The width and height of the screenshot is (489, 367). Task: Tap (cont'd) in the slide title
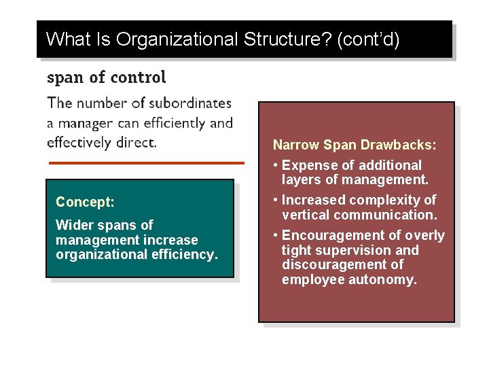coord(367,39)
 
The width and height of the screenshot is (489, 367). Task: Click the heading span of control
coord(106,77)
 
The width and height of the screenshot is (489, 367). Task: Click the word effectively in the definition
coord(76,143)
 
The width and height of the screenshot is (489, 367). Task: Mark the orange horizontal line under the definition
coord(146,163)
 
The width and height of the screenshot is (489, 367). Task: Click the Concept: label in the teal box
coord(85,202)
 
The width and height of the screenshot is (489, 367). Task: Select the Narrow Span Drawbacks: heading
coord(354,145)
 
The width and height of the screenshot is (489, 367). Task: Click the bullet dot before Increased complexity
coord(275,200)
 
